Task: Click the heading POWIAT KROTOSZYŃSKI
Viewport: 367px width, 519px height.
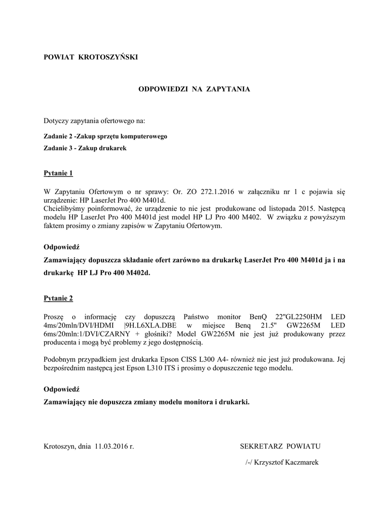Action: (91, 57)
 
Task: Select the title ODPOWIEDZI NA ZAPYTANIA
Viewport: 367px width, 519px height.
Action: (194, 89)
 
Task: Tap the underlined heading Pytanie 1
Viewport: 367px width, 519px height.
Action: (58, 173)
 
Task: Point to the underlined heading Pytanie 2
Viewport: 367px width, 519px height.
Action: (58, 298)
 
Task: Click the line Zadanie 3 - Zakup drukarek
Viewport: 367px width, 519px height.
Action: (85, 148)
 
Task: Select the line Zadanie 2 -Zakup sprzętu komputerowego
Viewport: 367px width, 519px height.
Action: (105, 136)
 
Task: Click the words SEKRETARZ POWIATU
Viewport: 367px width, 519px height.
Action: (280, 447)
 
